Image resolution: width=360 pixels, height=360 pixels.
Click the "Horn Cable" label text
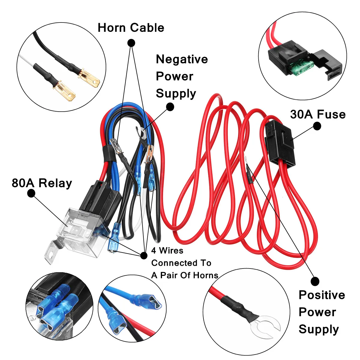(x=131, y=28)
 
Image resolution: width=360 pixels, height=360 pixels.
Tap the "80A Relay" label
(x=42, y=183)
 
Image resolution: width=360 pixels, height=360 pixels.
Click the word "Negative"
(x=182, y=59)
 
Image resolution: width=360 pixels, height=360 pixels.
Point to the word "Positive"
(x=322, y=295)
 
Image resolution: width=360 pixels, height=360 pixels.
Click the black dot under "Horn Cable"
(x=131, y=43)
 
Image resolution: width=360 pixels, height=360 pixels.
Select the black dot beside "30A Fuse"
(x=317, y=126)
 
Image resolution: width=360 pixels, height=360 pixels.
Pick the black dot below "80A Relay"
(x=31, y=193)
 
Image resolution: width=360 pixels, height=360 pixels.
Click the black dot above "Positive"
(x=315, y=281)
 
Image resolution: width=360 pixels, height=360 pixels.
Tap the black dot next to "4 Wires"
(x=144, y=255)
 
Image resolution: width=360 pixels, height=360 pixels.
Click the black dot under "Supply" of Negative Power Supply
(x=170, y=107)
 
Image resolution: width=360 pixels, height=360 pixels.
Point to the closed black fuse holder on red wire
(x=280, y=144)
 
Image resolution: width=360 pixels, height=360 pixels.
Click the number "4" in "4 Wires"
(x=154, y=251)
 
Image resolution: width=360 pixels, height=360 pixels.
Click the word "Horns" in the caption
(x=206, y=275)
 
